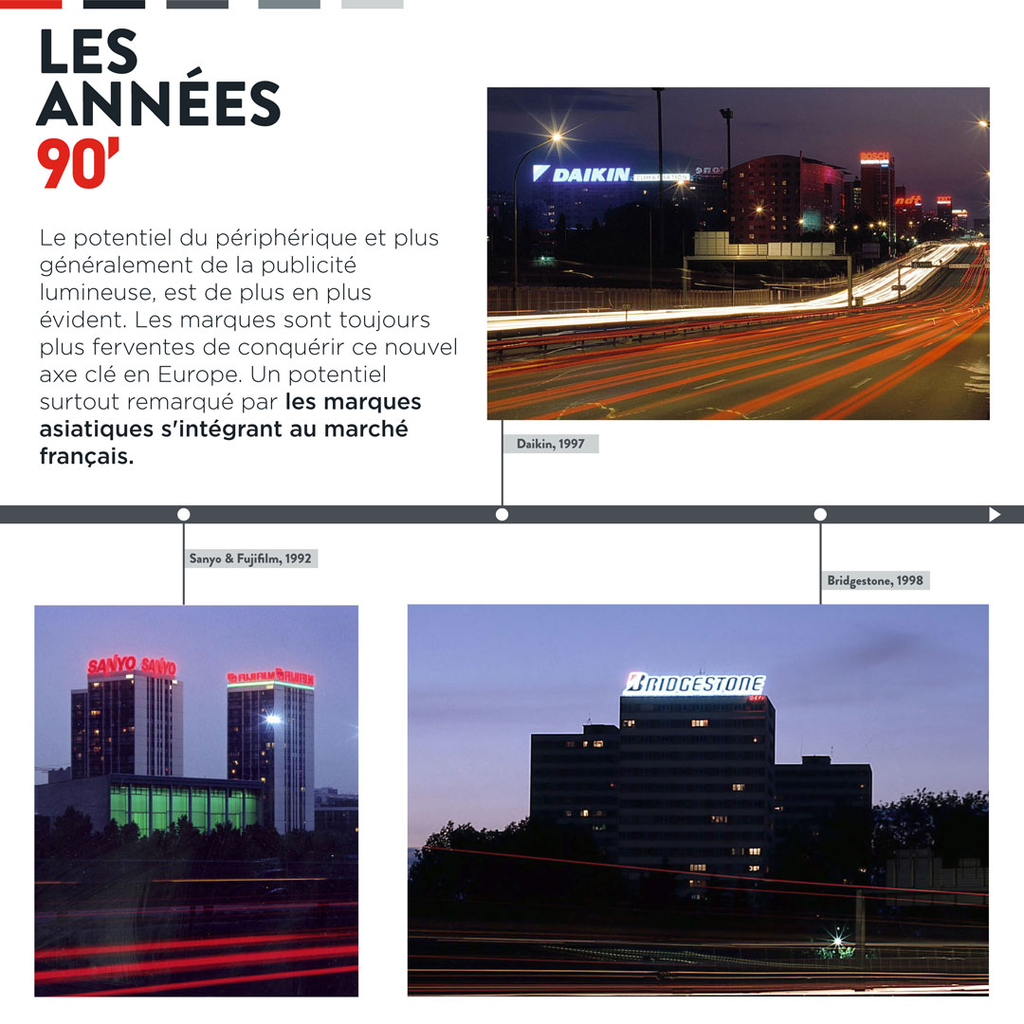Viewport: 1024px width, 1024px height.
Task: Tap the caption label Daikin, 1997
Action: pyautogui.click(x=550, y=444)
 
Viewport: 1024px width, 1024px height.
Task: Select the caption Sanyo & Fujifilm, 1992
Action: pyautogui.click(x=250, y=558)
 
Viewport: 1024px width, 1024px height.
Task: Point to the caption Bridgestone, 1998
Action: pyautogui.click(x=874, y=580)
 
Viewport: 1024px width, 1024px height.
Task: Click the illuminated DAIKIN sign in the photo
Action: pyautogui.click(x=580, y=174)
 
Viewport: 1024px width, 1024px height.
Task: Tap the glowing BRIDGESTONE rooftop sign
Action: pyautogui.click(x=695, y=683)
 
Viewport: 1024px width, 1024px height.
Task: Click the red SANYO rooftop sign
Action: pyautogui.click(x=131, y=666)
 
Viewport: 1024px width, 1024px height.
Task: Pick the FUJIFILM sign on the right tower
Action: pyautogui.click(x=270, y=677)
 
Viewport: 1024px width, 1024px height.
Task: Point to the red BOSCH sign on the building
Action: pyautogui.click(x=874, y=156)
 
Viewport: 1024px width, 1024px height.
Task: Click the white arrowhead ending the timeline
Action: pyautogui.click(x=995, y=515)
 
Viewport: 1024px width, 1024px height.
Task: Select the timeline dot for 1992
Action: pyautogui.click(x=184, y=515)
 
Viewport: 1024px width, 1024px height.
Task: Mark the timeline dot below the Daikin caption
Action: pyautogui.click(x=502, y=515)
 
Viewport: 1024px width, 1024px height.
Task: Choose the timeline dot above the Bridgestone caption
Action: pyautogui.click(x=820, y=515)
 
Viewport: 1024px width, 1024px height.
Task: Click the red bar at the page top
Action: pyautogui.click(x=31, y=4)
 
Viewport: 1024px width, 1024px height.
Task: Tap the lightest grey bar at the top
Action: pyautogui.click(x=372, y=4)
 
